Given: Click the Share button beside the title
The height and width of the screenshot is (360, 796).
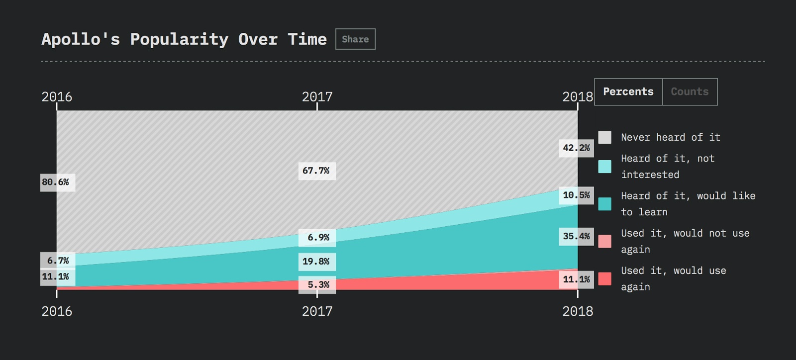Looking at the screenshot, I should (355, 39).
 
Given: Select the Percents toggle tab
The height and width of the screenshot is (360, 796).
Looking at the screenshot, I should (628, 92).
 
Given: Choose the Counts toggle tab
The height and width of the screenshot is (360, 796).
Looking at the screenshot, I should (690, 92).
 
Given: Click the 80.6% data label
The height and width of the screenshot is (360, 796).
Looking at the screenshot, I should (56, 182).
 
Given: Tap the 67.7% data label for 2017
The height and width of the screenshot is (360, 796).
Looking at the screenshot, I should (316, 171).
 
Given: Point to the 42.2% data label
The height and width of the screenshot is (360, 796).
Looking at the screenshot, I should (576, 148).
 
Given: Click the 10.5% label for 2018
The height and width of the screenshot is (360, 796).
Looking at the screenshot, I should (576, 195).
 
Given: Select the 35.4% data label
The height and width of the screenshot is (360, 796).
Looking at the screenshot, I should (576, 237).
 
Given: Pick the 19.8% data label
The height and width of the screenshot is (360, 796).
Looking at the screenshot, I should (316, 262).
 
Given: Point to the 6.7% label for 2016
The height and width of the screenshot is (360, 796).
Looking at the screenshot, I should (58, 261).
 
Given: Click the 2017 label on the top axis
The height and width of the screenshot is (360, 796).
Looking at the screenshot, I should (317, 96).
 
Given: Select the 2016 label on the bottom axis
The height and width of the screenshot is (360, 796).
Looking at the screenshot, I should (57, 311).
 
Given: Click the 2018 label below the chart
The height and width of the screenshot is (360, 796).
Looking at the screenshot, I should (578, 311).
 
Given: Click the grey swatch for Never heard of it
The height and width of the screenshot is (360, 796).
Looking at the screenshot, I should (605, 137).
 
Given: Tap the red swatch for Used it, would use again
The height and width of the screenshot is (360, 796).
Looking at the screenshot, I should (605, 279).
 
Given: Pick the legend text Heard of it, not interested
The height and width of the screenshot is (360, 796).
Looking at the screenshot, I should (667, 167).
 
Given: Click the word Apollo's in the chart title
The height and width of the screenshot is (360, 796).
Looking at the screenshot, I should (81, 39).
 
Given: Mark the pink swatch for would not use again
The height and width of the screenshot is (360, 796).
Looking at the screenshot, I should (605, 242).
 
